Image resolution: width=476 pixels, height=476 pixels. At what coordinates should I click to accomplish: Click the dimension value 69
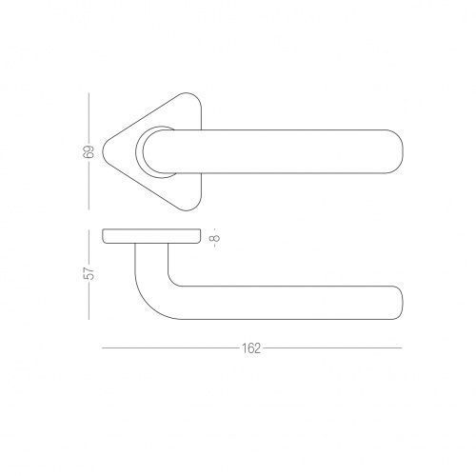pyautogui.click(x=89, y=151)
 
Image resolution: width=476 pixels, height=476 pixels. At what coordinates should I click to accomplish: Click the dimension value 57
pyautogui.click(x=89, y=273)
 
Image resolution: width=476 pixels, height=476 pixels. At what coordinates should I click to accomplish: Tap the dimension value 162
pyautogui.click(x=251, y=348)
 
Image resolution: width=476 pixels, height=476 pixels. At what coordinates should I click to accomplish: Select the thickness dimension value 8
pyautogui.click(x=215, y=237)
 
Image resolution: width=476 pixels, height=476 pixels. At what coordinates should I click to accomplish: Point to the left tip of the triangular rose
pyautogui.click(x=103, y=151)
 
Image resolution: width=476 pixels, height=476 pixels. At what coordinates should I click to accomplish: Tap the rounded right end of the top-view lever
pyautogui.click(x=403, y=151)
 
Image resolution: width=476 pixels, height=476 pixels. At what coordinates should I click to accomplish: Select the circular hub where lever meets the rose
pyautogui.click(x=137, y=151)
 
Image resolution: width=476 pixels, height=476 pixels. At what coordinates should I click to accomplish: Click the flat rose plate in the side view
pyautogui.click(x=151, y=236)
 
